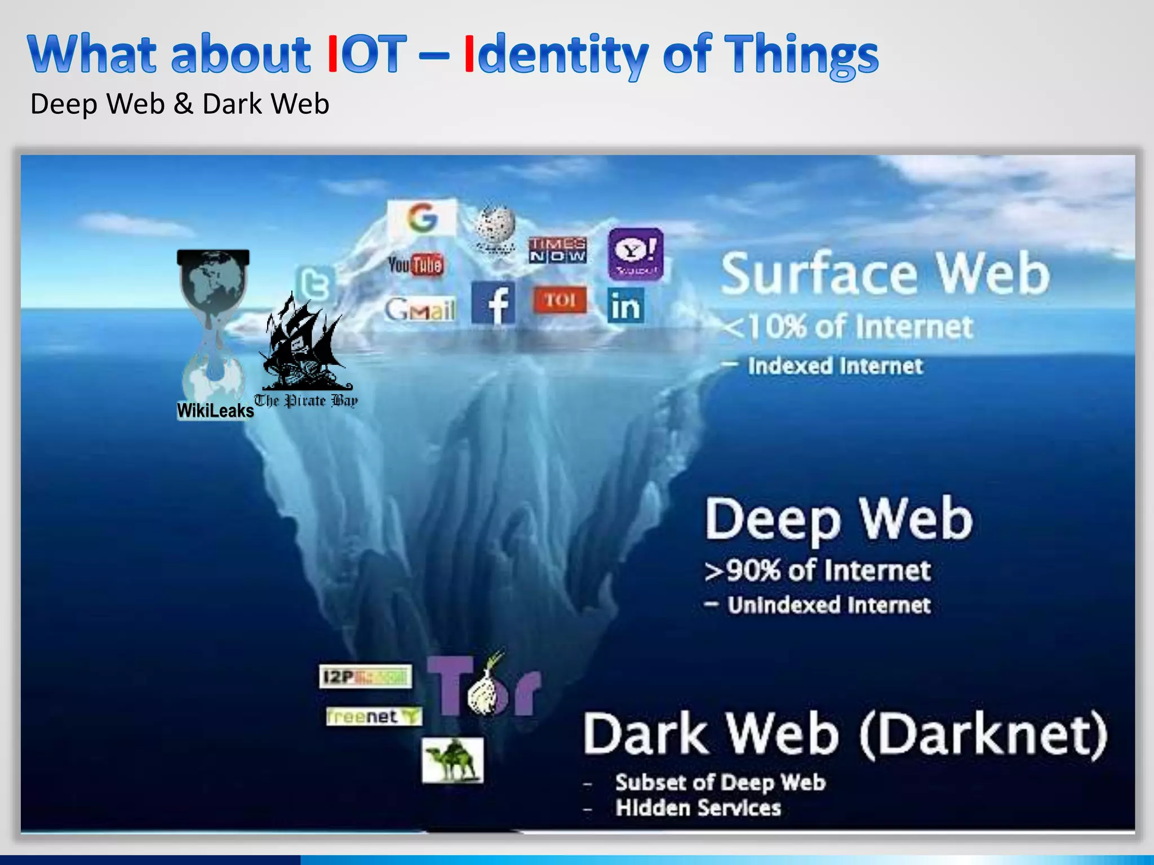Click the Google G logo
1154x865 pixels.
(x=422, y=217)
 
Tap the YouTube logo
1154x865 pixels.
(x=415, y=264)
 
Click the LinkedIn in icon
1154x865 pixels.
(x=625, y=306)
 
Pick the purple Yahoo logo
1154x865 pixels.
(x=636, y=254)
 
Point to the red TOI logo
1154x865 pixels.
(x=560, y=300)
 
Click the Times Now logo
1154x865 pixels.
(x=557, y=250)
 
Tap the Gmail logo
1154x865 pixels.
(x=420, y=309)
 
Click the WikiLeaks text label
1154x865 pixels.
(x=215, y=411)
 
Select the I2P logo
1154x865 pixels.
(x=365, y=676)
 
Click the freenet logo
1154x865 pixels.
(x=373, y=716)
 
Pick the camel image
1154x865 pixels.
(x=452, y=760)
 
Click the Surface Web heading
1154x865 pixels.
(x=885, y=274)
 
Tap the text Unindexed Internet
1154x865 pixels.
(x=828, y=605)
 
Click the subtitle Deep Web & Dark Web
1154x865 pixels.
(x=179, y=104)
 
